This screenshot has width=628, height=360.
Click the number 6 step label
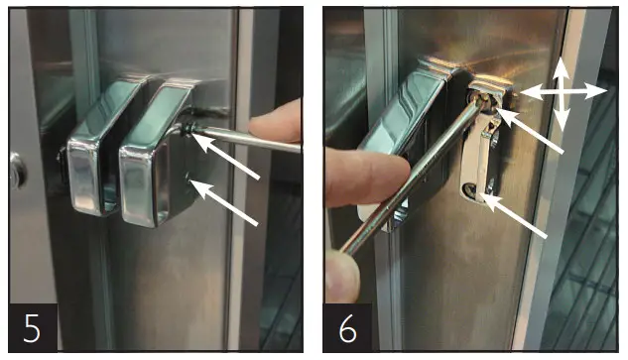pyautogui.click(x=347, y=326)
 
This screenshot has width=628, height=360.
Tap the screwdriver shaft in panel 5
pyautogui.click(x=248, y=140)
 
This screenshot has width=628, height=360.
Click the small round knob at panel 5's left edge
pyautogui.click(x=15, y=170)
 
